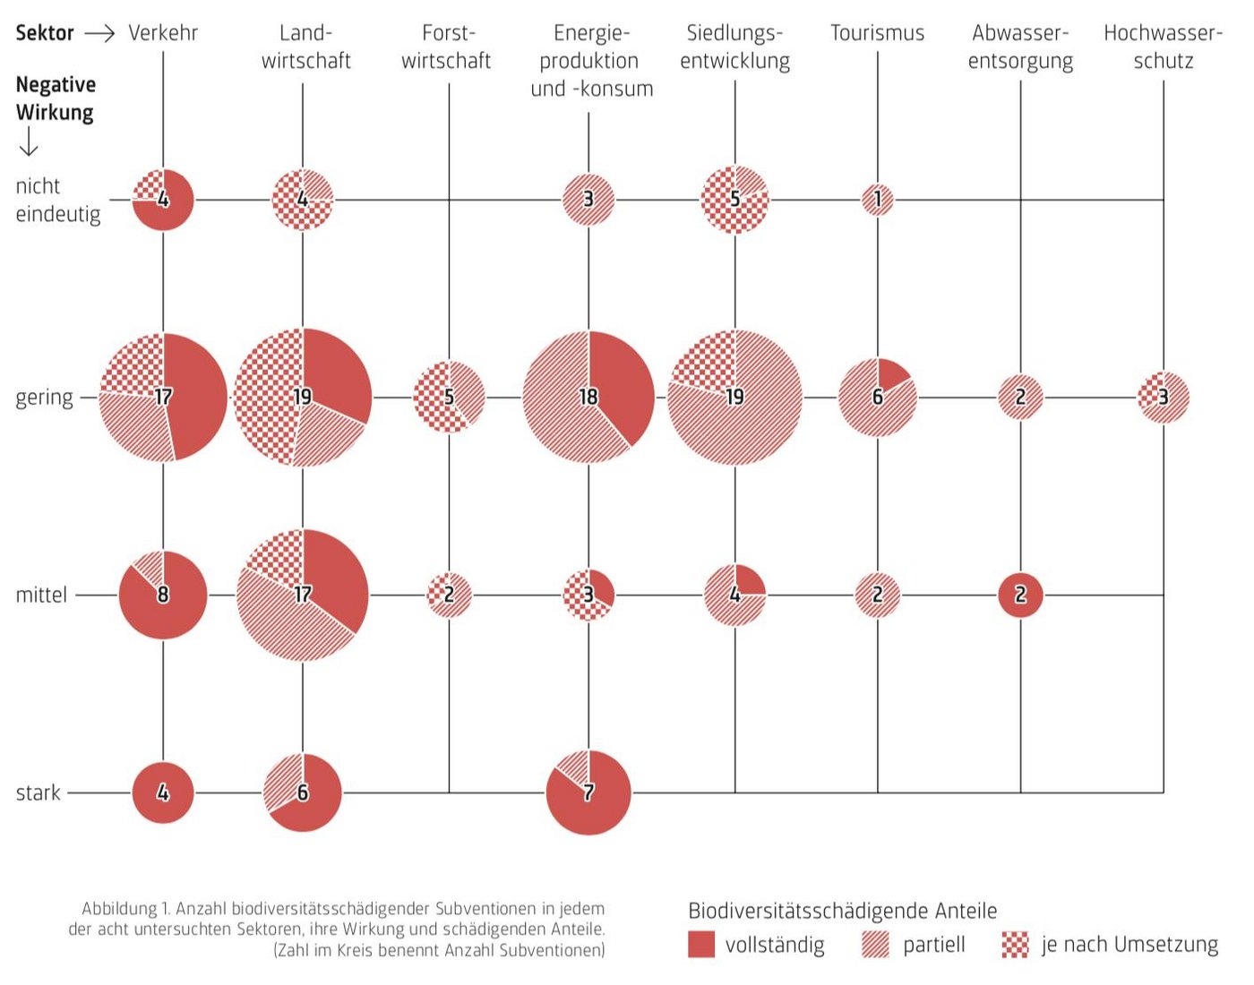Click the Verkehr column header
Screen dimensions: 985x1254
tap(163, 33)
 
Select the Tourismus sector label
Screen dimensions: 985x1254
tap(877, 33)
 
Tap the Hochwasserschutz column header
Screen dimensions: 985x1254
tap(1163, 47)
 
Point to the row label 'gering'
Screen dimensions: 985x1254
tap(44, 397)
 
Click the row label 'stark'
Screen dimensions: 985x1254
tap(39, 792)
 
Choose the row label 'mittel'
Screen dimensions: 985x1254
tap(41, 595)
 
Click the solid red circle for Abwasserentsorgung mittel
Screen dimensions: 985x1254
tap(1020, 595)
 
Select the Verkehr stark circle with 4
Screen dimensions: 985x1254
tap(163, 792)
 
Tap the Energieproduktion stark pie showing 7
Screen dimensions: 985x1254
tap(588, 792)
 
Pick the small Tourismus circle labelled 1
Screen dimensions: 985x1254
tap(878, 199)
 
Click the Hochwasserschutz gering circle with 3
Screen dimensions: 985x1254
tap(1164, 397)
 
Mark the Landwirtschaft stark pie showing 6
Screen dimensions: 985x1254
tap(303, 792)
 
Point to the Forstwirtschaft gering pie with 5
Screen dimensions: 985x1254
tap(449, 397)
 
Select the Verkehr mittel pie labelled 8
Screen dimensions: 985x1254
tap(163, 595)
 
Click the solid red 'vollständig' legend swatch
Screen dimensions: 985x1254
tap(701, 945)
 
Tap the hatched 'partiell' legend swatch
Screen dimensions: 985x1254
tap(875, 945)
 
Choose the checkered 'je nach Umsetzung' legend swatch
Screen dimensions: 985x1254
tap(1015, 945)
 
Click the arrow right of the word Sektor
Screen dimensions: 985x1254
tap(99, 33)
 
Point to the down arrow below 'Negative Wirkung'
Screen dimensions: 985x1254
tap(29, 141)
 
